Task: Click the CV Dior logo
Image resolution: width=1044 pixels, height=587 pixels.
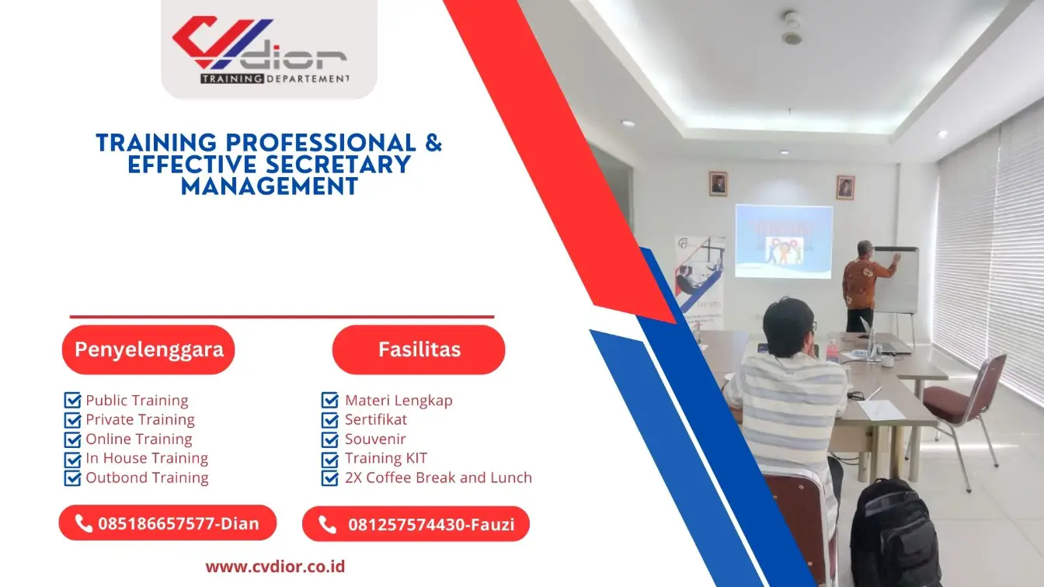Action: point(260,50)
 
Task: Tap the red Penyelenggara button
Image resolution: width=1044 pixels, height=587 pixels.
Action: point(148,349)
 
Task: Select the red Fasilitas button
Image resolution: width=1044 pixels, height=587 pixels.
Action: point(419,349)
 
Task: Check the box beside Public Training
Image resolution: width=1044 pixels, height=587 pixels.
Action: point(72,400)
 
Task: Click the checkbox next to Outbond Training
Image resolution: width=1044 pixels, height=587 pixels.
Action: point(72,478)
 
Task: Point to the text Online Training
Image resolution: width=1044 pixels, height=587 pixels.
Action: point(139,439)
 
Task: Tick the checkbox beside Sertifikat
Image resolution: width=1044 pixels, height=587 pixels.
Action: point(330,420)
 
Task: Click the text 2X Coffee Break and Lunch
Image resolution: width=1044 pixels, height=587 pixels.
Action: point(439,478)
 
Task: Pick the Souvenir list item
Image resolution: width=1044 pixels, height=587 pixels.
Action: point(375,439)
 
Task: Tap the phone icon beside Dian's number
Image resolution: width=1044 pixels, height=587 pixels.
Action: point(83,523)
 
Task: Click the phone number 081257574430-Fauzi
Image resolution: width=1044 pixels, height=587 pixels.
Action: point(431,525)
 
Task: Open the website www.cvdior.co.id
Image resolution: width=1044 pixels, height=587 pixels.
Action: point(275,567)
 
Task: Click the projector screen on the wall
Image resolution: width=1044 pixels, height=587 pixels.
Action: point(784,241)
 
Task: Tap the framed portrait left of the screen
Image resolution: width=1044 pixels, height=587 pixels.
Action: point(718,183)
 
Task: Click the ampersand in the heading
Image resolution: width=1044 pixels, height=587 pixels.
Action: point(433,143)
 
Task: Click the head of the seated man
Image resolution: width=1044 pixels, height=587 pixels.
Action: point(788,327)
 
